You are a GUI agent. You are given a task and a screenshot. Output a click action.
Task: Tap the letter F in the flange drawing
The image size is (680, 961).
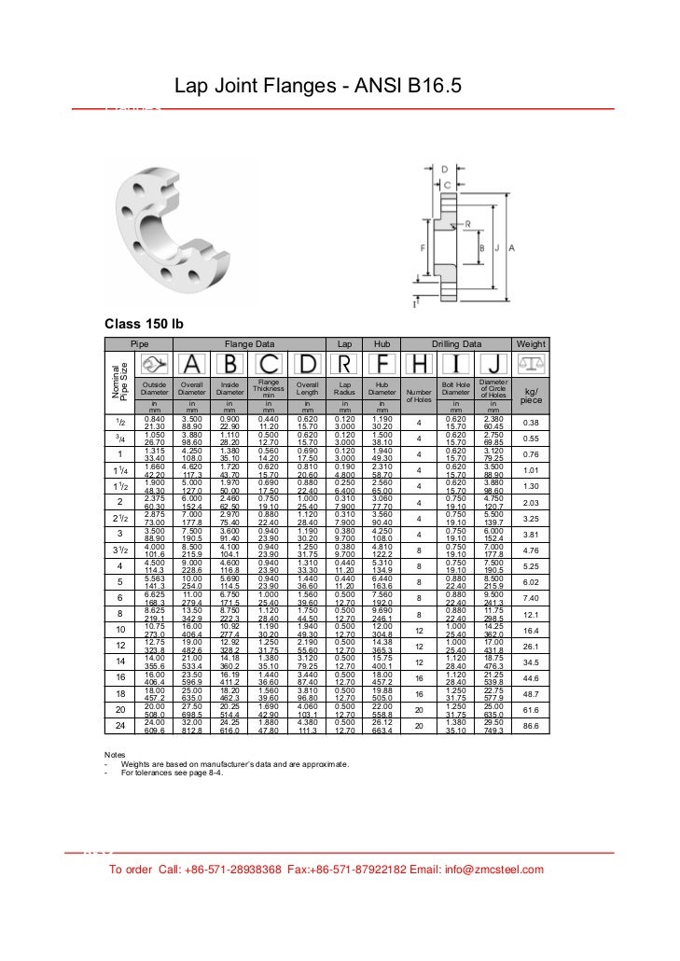423,248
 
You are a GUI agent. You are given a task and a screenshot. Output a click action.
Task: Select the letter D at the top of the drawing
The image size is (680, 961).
446,169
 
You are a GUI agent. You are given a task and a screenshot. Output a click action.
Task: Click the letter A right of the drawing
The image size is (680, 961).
512,247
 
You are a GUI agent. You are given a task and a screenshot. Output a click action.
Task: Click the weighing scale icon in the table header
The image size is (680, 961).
531,363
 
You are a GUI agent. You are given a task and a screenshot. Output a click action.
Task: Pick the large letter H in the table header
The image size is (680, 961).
420,364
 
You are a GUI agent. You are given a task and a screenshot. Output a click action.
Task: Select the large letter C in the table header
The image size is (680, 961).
268,364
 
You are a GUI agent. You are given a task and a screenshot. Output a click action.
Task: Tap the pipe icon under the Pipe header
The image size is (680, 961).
155,364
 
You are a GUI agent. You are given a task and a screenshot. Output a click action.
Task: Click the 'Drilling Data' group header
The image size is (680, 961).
456,343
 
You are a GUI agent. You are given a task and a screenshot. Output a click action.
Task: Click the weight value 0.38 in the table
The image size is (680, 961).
531,422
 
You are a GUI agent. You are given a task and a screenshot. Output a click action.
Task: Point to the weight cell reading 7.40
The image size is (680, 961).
531,598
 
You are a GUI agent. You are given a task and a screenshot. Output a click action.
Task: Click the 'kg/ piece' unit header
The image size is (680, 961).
531,396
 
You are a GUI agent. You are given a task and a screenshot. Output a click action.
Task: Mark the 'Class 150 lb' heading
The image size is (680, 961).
143,324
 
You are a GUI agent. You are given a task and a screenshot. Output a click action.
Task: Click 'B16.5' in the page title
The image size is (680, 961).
436,87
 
